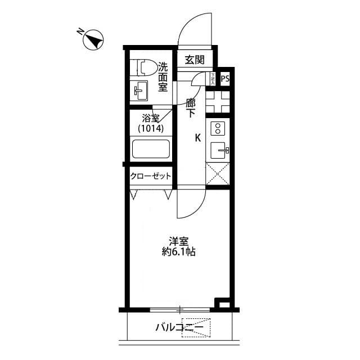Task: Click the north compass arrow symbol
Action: click(93, 39)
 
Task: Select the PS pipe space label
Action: click(225, 79)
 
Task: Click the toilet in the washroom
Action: click(143, 67)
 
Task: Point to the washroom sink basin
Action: click(140, 90)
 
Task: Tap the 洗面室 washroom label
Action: click(163, 76)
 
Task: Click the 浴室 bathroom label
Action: click(151, 118)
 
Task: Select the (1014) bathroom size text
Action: click(151, 128)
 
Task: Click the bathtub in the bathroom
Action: click(151, 150)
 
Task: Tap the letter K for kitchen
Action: click(197, 137)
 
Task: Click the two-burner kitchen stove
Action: click(218, 129)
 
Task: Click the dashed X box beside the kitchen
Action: click(218, 174)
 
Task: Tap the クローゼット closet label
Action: click(151, 176)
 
